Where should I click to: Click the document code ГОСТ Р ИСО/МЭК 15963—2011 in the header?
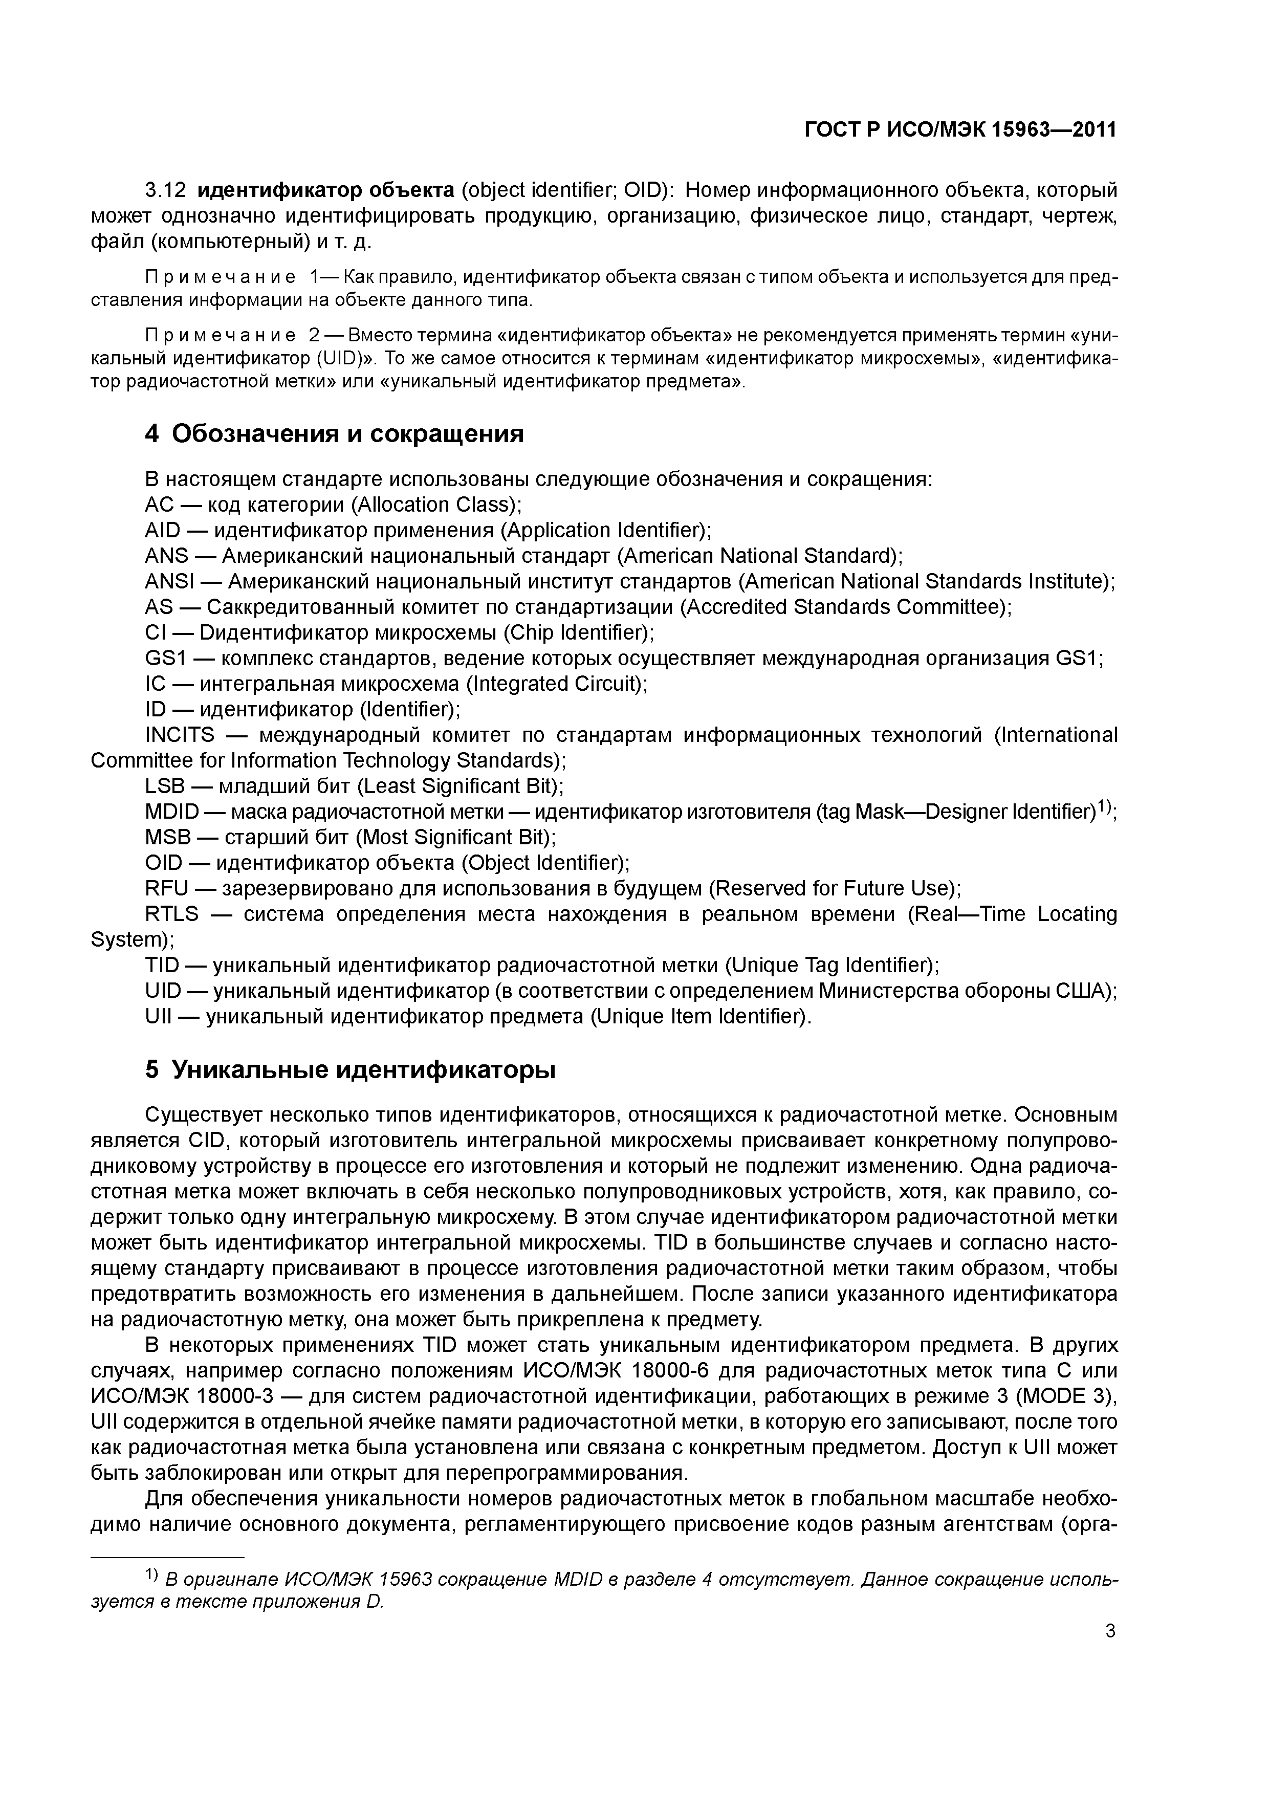[960, 130]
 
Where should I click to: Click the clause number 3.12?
[166, 190]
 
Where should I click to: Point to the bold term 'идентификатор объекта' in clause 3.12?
[325, 190]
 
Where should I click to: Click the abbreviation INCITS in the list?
[180, 735]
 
